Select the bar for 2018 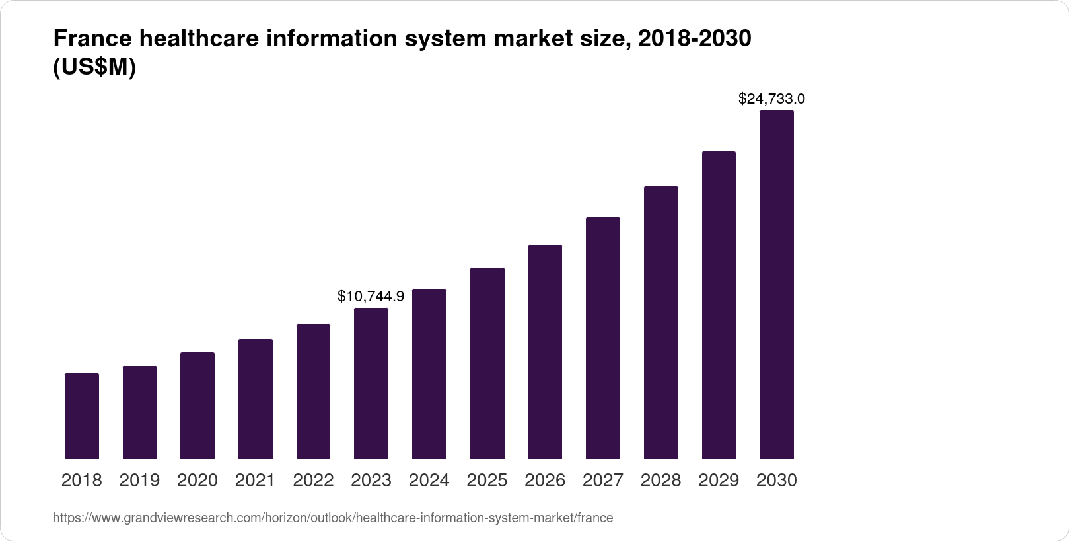tap(82, 416)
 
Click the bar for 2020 tap(197, 405)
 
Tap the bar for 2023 tap(371, 383)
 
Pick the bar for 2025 tap(487, 363)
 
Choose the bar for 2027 tap(602, 338)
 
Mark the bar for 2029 tap(719, 305)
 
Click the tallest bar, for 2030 tap(776, 284)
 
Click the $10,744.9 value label tap(371, 296)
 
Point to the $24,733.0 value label tap(771, 99)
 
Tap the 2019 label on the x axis tap(139, 481)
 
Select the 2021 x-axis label tap(255, 481)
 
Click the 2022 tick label tap(313, 481)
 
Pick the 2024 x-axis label tap(429, 481)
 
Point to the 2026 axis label tap(545, 481)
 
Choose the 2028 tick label tap(660, 481)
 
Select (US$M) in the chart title tap(94, 68)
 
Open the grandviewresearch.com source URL tap(333, 518)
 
